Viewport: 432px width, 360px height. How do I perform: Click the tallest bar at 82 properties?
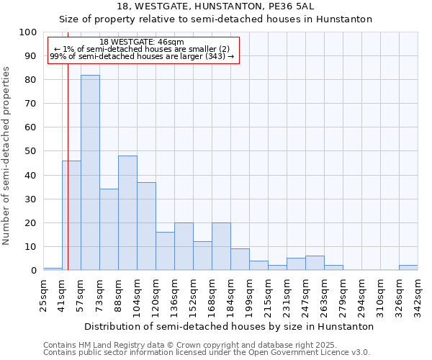pyautogui.click(x=90, y=173)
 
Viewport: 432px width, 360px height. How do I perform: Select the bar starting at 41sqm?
pyautogui.click(x=71, y=215)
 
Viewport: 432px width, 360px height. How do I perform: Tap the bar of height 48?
pyautogui.click(x=127, y=213)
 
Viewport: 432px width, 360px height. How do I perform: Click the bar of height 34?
pyautogui.click(x=109, y=230)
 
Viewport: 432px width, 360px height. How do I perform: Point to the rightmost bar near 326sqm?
pyautogui.click(x=408, y=268)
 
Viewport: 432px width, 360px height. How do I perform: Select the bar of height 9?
pyautogui.click(x=240, y=259)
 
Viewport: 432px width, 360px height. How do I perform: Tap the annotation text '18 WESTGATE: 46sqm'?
pyautogui.click(x=142, y=42)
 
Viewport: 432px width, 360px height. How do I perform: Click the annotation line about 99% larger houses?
pyautogui.click(x=142, y=56)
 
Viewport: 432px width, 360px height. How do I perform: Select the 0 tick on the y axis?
pyautogui.click(x=34, y=270)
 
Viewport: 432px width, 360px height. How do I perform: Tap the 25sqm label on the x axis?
pyautogui.click(x=43, y=295)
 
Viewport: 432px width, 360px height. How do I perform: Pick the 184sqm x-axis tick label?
pyautogui.click(x=230, y=297)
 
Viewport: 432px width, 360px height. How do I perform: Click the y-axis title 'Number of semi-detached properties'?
pyautogui.click(x=6, y=156)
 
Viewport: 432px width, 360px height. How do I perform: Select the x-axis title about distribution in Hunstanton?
pyautogui.click(x=229, y=326)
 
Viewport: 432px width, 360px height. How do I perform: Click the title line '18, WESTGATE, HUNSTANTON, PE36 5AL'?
pyautogui.click(x=215, y=6)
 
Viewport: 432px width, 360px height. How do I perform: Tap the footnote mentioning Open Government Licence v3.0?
pyautogui.click(x=207, y=352)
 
